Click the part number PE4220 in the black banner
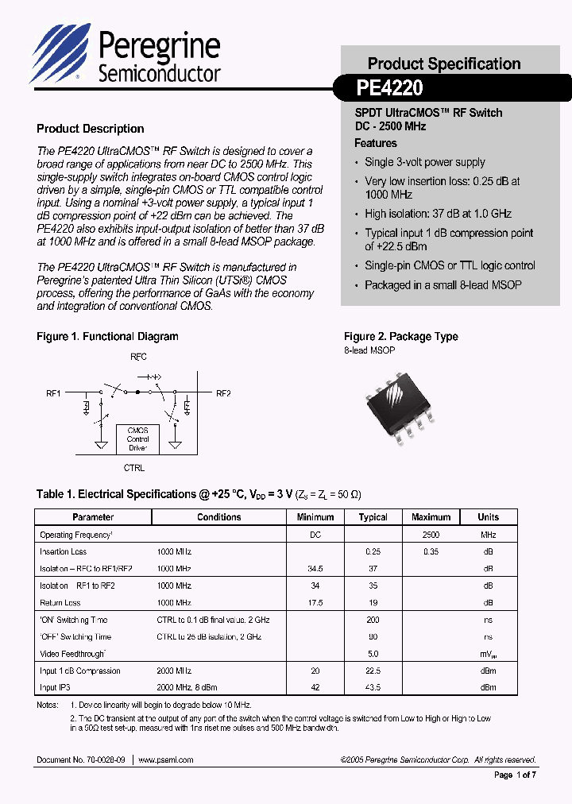(x=389, y=87)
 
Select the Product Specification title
(x=443, y=64)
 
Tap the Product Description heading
(x=91, y=129)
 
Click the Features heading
(x=375, y=143)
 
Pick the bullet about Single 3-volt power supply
(x=424, y=162)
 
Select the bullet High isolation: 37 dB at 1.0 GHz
(x=438, y=214)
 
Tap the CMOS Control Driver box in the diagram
(x=137, y=439)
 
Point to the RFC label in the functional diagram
(x=138, y=358)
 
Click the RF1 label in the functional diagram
(x=53, y=393)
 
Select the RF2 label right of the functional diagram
(x=223, y=393)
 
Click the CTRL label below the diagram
(x=134, y=469)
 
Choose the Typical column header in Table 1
(x=373, y=517)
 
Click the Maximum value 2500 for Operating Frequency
(x=431, y=535)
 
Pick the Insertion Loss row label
(x=64, y=551)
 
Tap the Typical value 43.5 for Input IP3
(x=373, y=688)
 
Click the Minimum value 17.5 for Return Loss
(x=315, y=603)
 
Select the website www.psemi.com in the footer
(x=165, y=760)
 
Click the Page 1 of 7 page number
(x=515, y=775)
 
